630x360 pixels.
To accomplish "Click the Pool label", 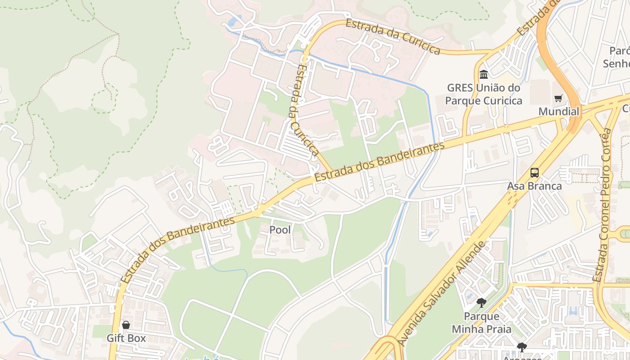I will tap(280, 230).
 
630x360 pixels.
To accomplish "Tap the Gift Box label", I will tap(126, 338).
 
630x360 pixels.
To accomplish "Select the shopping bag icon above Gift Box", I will tap(126, 325).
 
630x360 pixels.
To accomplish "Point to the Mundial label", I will tap(559, 111).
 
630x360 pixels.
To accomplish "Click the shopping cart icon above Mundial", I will tap(558, 98).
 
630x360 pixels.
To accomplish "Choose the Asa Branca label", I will tap(535, 186).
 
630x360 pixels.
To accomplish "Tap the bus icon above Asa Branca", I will tap(535, 173).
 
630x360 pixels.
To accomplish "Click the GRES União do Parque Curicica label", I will tap(484, 94).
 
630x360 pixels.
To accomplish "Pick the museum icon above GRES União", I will tap(484, 74).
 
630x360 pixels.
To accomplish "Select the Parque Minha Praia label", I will tap(481, 323).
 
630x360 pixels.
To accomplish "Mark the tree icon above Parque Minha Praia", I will tap(481, 302).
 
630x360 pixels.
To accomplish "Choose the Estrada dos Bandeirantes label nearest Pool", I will tap(178, 249).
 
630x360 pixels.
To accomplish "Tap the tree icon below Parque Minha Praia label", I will tap(522, 347).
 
